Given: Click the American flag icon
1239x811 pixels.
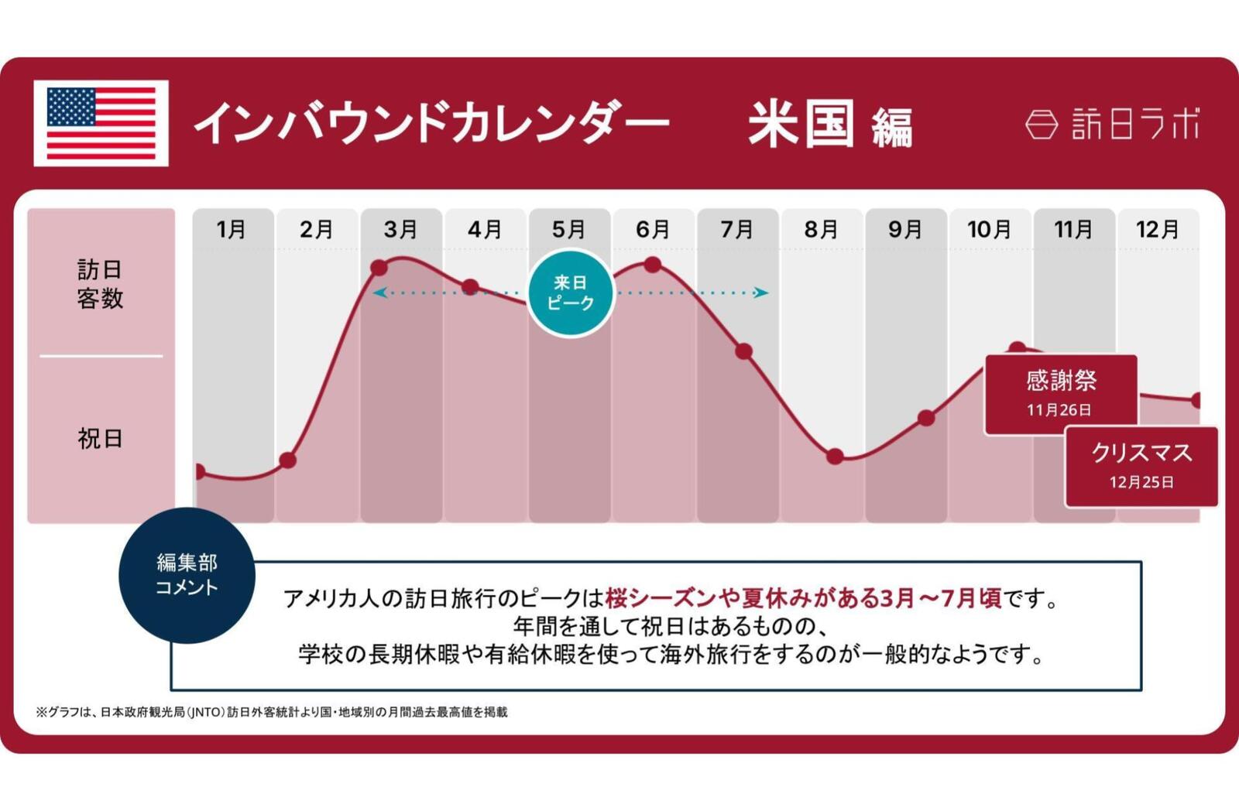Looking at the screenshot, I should [101, 123].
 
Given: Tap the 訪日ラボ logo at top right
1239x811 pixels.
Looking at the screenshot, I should [1112, 124].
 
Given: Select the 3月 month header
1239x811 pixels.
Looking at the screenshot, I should [400, 229].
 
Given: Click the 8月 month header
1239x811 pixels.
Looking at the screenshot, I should [821, 229].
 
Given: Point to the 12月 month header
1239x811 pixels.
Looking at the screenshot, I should [1157, 229].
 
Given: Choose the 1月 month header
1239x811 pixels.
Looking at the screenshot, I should [232, 229].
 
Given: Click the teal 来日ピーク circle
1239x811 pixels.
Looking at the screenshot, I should [571, 293].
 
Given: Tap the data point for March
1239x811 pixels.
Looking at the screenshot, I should [379, 268].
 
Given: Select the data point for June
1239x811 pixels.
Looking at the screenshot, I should [653, 265].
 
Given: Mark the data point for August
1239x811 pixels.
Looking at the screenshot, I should [835, 457].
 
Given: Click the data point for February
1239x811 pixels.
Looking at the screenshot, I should [287, 460].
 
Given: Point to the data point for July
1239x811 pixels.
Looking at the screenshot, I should [744, 351].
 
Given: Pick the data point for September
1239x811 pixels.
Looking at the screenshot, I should [925, 419].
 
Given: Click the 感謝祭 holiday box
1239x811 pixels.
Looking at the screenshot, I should [1061, 393].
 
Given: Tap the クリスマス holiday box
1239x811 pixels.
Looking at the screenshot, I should [1141, 466].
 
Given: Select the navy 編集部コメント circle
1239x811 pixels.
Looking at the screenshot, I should [187, 575].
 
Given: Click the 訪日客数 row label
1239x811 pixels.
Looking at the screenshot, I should [100, 284].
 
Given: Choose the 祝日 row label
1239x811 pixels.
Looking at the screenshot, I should [100, 439].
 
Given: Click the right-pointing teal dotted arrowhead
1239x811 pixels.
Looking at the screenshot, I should [762, 293].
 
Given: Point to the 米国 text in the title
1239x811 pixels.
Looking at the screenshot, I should [801, 124].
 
